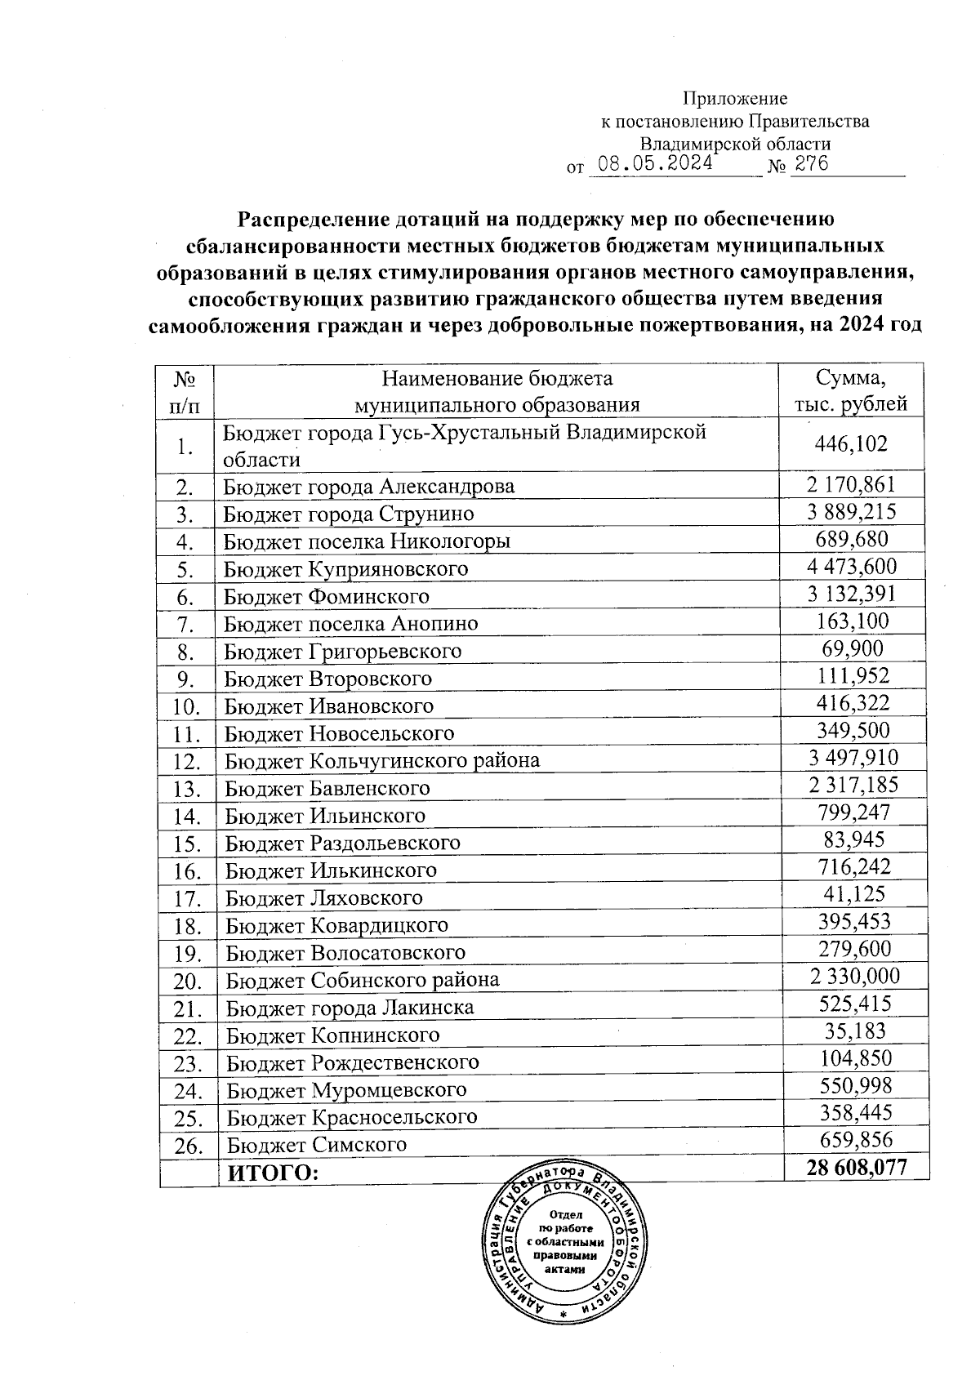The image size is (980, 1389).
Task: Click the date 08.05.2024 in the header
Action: point(655,163)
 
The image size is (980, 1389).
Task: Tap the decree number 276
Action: point(811,163)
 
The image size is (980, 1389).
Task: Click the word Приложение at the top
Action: point(735,99)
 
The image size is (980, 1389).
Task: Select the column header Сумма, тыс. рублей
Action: point(851,391)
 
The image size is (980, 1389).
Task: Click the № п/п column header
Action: point(185,391)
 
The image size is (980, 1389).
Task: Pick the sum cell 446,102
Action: point(851,444)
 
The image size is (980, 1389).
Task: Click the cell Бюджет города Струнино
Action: point(349,514)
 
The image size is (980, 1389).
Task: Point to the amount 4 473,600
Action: point(851,567)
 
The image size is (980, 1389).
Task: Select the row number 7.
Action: point(185,625)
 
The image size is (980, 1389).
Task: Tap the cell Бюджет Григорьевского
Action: point(343,652)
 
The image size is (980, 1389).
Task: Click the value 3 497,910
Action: point(853,758)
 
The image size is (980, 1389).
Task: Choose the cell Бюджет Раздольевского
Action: point(343,843)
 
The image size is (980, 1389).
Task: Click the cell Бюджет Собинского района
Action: point(363,980)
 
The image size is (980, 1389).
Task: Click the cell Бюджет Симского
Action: point(316,1145)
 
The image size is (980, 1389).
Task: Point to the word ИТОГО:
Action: point(271,1173)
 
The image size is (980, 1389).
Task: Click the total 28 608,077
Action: point(856,1168)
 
